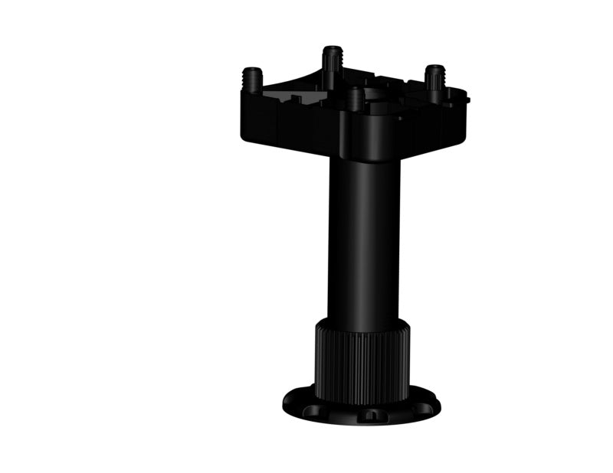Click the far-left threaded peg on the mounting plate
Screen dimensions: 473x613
pos(252,79)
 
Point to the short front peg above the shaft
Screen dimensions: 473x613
pos(355,99)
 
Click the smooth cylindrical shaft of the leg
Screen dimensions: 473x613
pos(364,237)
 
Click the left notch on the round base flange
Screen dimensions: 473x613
pos(313,409)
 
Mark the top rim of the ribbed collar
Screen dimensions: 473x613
pos(362,325)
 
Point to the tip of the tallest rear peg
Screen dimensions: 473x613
pos(332,49)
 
